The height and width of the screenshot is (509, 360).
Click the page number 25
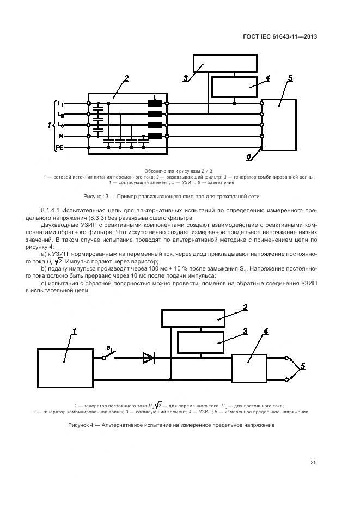pos(313,463)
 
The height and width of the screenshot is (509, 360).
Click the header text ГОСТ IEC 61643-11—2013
pos(280,37)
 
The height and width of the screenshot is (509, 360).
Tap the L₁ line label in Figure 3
pos(61,104)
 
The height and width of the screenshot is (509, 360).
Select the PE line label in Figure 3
pos(60,148)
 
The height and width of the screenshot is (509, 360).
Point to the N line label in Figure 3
pos(61,136)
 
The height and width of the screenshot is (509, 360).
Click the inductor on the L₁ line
pos(155,103)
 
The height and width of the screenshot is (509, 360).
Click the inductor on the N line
pos(155,136)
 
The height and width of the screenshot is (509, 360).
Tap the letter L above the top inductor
pos(155,97)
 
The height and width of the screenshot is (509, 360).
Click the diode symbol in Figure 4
pos(148,358)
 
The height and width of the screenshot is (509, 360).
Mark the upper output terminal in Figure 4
pos(287,358)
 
